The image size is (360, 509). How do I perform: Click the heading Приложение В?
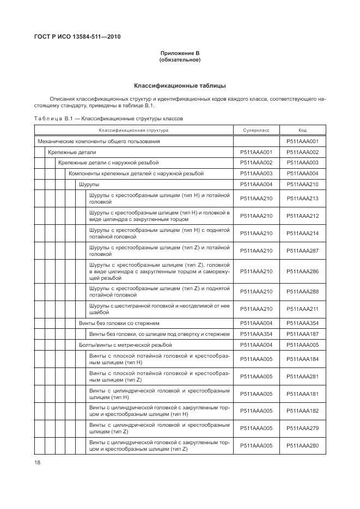[x=180, y=53]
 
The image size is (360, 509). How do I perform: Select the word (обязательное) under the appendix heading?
[x=180, y=60]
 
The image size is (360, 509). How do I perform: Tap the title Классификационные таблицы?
[x=180, y=85]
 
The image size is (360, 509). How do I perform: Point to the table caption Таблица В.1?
[x=108, y=118]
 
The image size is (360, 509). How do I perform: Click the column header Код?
[x=302, y=131]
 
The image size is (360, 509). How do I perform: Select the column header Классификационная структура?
[x=133, y=131]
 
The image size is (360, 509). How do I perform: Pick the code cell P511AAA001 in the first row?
[x=302, y=142]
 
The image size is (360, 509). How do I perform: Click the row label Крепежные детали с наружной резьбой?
[x=108, y=163]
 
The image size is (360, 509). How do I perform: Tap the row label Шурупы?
[x=89, y=184]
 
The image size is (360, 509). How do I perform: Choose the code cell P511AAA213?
[x=302, y=198]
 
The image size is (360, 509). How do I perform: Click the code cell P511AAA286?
[x=302, y=271]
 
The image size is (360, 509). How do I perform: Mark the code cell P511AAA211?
[x=302, y=309]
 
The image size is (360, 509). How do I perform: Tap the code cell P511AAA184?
[x=302, y=359]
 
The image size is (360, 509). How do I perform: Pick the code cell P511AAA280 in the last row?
[x=302, y=446]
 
